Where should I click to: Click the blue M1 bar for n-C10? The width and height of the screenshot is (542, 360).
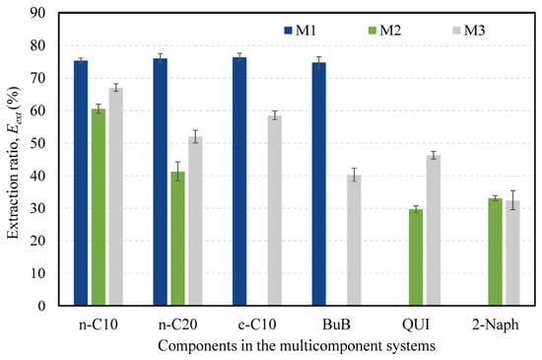point(81,182)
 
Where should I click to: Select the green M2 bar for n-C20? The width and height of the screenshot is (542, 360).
point(177,239)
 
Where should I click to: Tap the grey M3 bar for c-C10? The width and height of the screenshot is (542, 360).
point(275,211)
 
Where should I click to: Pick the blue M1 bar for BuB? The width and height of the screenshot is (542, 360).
point(319,184)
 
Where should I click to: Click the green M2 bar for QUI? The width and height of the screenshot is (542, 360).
point(416,257)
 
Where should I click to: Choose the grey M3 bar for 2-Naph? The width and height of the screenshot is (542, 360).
point(513,252)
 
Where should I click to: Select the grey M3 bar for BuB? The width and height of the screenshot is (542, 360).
point(355,241)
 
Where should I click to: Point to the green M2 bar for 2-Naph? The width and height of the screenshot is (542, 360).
point(496,252)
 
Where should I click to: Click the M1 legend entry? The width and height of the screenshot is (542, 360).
point(300,31)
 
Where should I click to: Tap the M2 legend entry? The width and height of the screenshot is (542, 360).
point(384,31)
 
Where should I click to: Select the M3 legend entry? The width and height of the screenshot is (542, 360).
point(468,31)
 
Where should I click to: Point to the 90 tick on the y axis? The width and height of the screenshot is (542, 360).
point(37,13)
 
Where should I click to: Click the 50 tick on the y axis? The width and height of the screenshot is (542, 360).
point(37,143)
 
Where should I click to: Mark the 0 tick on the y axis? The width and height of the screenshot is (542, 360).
point(41,306)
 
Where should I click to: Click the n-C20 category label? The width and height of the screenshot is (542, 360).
point(177,324)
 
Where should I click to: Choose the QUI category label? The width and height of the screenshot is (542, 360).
point(416,324)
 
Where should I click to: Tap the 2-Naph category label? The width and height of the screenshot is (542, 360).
point(496,324)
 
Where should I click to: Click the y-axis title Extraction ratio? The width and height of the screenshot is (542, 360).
point(14,163)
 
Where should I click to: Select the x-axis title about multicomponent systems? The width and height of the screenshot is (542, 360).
point(297,346)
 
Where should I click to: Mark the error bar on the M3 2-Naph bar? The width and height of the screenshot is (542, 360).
point(513,200)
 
